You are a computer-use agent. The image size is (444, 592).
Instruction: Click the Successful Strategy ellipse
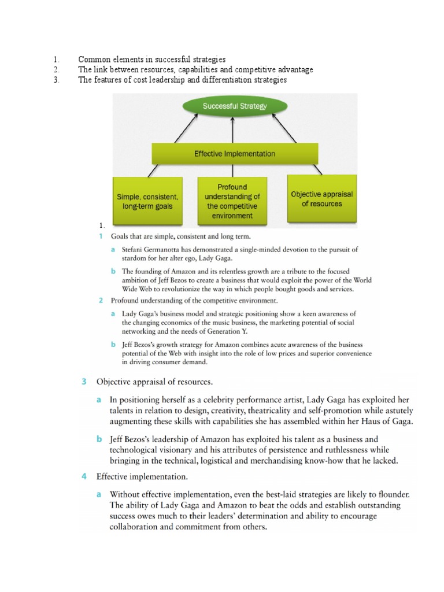tap(234, 106)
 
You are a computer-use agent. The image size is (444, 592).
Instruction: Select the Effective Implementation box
tap(234, 154)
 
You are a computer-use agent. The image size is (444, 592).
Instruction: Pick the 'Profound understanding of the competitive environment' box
tap(232, 201)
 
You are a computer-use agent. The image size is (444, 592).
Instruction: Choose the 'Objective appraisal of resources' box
tap(322, 199)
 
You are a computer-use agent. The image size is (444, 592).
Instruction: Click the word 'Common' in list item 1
tap(93, 60)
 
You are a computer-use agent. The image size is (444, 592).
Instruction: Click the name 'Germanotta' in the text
tap(164, 250)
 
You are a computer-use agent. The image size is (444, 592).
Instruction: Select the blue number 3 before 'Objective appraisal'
tap(84, 382)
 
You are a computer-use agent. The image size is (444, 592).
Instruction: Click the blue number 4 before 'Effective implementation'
tap(84, 477)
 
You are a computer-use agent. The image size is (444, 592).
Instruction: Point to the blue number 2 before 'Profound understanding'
tap(101, 301)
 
